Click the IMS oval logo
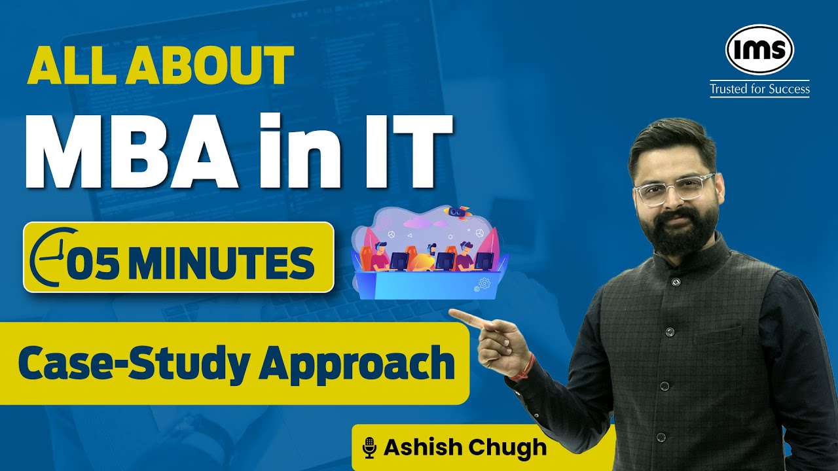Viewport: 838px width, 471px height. click(759, 50)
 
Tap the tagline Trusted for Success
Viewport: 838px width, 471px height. click(759, 89)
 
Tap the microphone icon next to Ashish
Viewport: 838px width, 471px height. click(371, 448)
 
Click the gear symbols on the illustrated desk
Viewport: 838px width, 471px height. click(483, 284)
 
